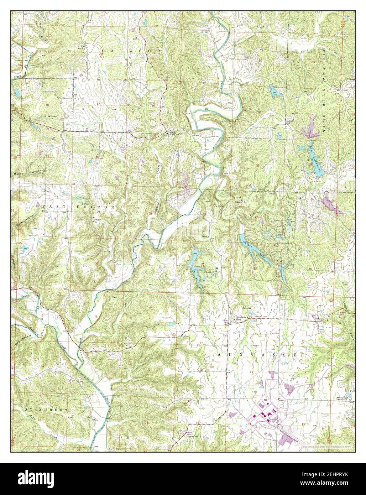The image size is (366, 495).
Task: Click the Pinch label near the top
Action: point(262,27)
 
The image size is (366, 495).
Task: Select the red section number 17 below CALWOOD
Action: point(98,104)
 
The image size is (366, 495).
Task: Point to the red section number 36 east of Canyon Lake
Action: point(310,269)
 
